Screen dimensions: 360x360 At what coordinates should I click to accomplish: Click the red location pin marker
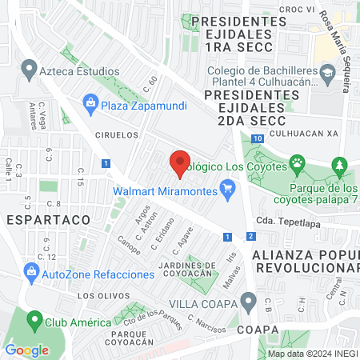[x=180, y=162]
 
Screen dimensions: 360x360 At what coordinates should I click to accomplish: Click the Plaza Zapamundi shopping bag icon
[x=90, y=102]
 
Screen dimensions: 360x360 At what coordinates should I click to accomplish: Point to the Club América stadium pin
[x=34, y=322]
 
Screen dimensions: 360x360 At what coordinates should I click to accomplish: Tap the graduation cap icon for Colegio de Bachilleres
[x=327, y=74]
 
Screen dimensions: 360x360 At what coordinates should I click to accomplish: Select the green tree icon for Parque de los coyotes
[x=341, y=166]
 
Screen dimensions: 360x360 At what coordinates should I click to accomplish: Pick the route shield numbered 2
[x=251, y=236]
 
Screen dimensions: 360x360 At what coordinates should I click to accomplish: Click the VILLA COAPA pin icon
[x=249, y=304]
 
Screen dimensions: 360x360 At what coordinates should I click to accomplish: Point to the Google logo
[x=26, y=350]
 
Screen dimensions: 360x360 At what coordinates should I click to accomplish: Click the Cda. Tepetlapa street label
[x=287, y=222]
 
